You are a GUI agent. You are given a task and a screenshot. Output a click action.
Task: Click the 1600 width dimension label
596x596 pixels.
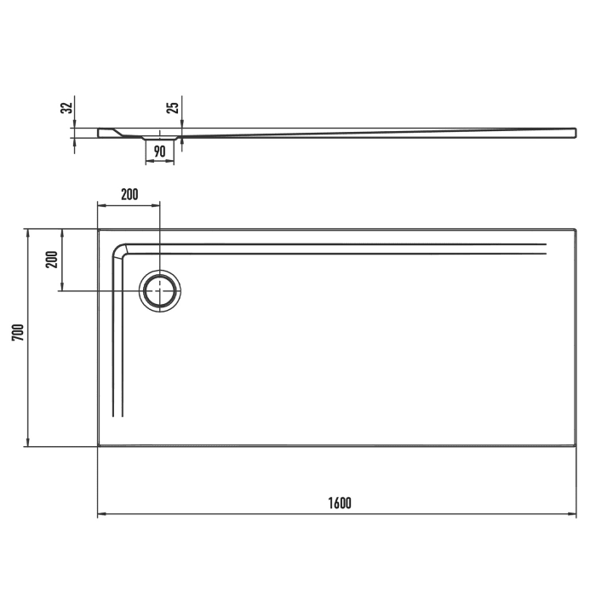(338, 502)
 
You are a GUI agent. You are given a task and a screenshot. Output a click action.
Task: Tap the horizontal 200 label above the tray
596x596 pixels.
(129, 195)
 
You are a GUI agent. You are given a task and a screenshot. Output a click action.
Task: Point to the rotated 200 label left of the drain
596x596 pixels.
(50, 259)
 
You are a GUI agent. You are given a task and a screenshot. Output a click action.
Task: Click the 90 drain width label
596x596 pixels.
(159, 152)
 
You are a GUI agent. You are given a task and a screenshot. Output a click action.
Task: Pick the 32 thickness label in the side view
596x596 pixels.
(66, 108)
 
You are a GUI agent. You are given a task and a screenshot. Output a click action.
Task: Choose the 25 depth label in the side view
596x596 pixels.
(173, 108)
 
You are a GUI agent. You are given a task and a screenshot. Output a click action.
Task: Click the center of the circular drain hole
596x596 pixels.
(159, 291)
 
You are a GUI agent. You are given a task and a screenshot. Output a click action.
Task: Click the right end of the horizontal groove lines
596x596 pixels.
(545, 248)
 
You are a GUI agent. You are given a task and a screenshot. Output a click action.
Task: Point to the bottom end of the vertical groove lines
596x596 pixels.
(118, 415)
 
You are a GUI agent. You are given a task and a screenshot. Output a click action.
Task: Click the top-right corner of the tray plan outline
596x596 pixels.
(576, 229)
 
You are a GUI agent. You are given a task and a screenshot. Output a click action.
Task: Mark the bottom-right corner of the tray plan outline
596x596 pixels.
(576, 445)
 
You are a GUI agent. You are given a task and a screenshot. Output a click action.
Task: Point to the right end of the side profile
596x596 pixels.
(576, 132)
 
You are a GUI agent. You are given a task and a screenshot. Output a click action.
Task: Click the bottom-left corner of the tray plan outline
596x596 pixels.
(98, 445)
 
